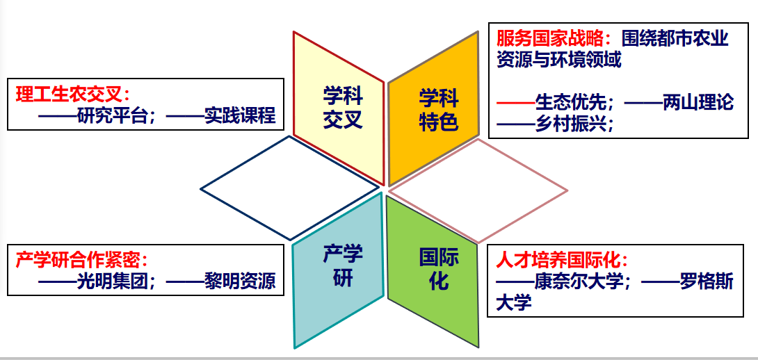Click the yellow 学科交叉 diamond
[x=339, y=108]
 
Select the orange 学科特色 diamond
[x=434, y=108]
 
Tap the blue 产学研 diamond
[x=339, y=270]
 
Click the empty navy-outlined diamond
[x=289, y=188]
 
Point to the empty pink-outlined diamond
[x=478, y=191]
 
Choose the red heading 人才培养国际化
[x=558, y=261]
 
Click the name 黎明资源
[x=240, y=281]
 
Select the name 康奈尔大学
[x=578, y=282]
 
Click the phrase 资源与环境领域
[x=558, y=60]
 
